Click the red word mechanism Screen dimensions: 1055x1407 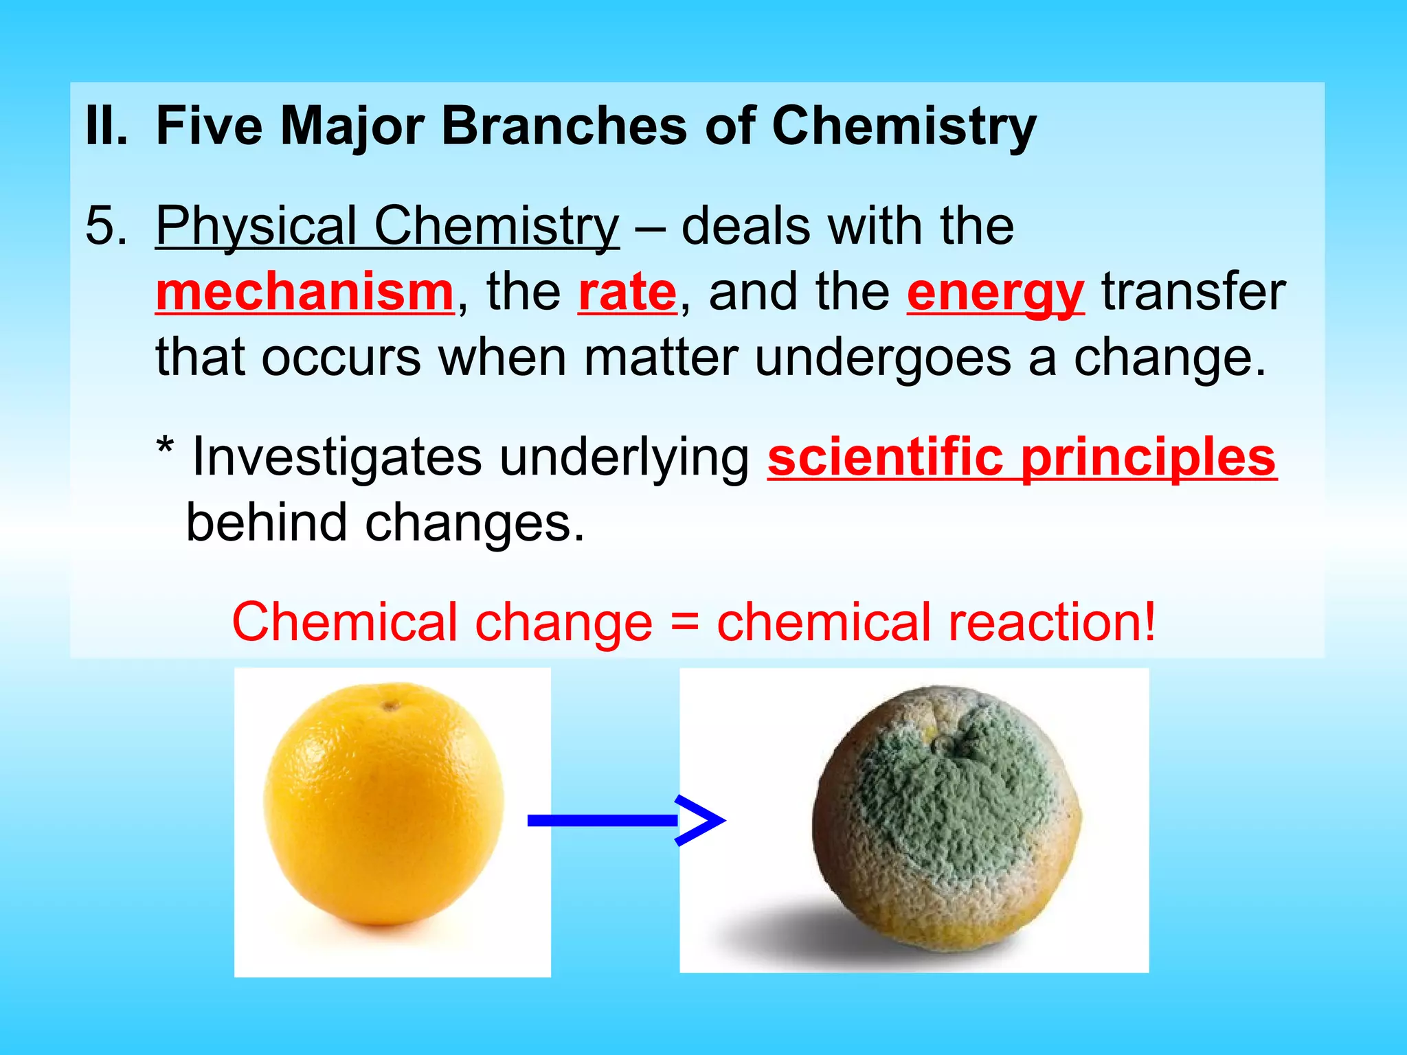pyautogui.click(x=304, y=293)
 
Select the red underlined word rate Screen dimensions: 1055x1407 pyautogui.click(x=627, y=293)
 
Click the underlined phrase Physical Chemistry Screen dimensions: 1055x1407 pyautogui.click(x=387, y=226)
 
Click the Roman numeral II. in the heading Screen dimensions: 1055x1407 pyautogui.click(x=106, y=126)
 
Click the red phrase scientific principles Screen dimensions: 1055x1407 pyautogui.click(x=1022, y=457)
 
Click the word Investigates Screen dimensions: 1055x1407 pyautogui.click(x=337, y=457)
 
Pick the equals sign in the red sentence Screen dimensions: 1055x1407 pyautogui.click(x=684, y=622)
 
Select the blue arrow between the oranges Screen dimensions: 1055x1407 pyautogui.click(x=625, y=820)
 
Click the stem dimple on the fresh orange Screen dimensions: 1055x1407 pyautogui.click(x=390, y=705)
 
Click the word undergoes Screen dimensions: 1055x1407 pyautogui.click(x=883, y=359)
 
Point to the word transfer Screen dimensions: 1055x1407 pyautogui.click(x=1193, y=293)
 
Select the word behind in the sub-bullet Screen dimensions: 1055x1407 pyautogui.click(x=267, y=523)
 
